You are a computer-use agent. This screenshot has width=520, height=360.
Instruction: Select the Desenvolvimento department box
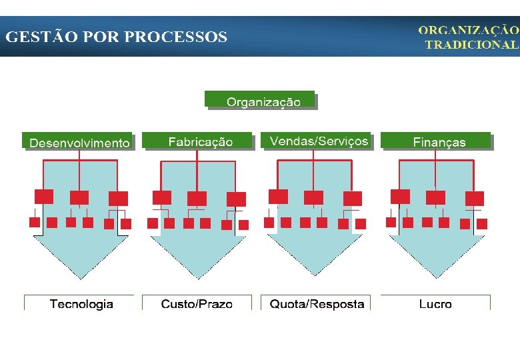pos(79,141)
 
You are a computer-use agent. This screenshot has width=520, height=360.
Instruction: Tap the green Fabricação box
pos(199,141)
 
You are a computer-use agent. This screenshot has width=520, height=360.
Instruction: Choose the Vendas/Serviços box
pos(318,141)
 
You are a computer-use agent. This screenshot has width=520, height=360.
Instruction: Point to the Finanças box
pos(438,141)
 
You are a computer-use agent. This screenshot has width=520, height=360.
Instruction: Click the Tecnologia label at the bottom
pos(81,304)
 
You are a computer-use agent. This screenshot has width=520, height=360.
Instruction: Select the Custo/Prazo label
pos(197,304)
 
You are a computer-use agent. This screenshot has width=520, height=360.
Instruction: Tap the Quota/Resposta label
pos(317,304)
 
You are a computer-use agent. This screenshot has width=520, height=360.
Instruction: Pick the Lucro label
pos(435,304)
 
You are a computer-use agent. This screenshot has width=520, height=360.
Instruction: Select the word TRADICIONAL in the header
pos(471,45)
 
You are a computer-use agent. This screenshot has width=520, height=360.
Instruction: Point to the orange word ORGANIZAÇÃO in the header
pos(468,30)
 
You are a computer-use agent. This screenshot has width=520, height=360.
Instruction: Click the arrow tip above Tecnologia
pos(81,275)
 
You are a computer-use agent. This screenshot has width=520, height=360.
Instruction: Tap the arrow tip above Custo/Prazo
pos(197,275)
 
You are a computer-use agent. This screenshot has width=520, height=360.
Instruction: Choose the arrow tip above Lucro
pos(437,274)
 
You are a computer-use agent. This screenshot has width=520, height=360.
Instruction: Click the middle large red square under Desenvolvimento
pos(79,197)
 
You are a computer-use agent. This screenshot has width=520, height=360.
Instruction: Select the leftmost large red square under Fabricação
pos(162,197)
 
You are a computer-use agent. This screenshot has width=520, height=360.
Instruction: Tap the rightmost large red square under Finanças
pos(475,198)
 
